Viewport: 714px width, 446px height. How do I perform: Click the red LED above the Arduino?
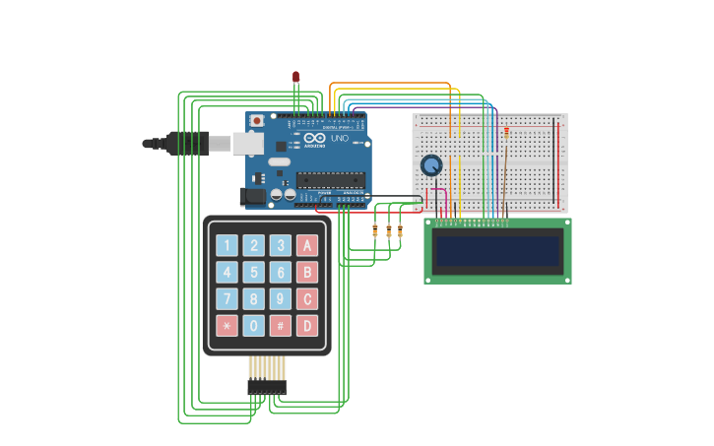(295, 76)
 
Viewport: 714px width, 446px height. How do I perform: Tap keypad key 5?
(254, 272)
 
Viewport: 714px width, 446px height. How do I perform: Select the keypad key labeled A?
(307, 245)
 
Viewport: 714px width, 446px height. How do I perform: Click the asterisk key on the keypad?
(227, 325)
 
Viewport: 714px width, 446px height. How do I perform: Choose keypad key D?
(307, 325)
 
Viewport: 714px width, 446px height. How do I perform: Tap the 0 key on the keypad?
(254, 325)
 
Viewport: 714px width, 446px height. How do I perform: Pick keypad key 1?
(227, 245)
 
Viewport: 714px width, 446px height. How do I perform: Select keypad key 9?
(281, 298)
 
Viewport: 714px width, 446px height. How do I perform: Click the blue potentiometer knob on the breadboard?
(431, 165)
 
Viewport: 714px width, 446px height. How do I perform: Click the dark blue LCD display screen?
(497, 250)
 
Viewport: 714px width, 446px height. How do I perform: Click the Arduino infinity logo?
(314, 139)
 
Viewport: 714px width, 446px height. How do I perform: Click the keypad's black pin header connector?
(267, 387)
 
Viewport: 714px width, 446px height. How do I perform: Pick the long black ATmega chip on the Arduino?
(331, 180)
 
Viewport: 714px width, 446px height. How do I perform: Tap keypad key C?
(307, 298)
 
